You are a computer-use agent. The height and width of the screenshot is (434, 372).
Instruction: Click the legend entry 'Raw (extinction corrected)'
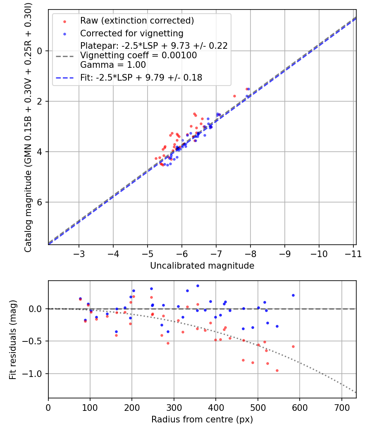pos(137,20)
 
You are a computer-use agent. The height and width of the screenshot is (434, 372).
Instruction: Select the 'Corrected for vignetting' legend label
pos(132,33)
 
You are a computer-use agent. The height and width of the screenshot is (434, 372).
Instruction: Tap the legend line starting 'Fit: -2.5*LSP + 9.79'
pos(141,77)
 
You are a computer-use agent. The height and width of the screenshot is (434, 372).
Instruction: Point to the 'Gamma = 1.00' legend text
pos(113,64)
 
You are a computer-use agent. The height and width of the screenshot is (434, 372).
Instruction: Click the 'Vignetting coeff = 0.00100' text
pos(138,55)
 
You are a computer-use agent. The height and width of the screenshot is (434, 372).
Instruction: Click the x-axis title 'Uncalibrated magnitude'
pos(202,266)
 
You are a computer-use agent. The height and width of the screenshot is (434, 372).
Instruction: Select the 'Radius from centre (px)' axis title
pos(202,420)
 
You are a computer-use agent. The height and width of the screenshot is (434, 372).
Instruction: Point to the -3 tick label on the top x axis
pos(79,253)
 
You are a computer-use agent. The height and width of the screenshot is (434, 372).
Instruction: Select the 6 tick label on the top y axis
pos(40,202)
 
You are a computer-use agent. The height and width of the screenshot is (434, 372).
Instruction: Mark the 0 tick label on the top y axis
pos(40,51)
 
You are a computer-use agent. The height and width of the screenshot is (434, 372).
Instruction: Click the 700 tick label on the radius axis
pos(341,407)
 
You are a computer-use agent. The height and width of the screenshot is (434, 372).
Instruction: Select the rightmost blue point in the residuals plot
pos(293,295)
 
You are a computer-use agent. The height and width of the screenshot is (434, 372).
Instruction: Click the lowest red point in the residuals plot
pos(277,370)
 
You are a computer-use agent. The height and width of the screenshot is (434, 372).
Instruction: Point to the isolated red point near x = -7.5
pos(234,96)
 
